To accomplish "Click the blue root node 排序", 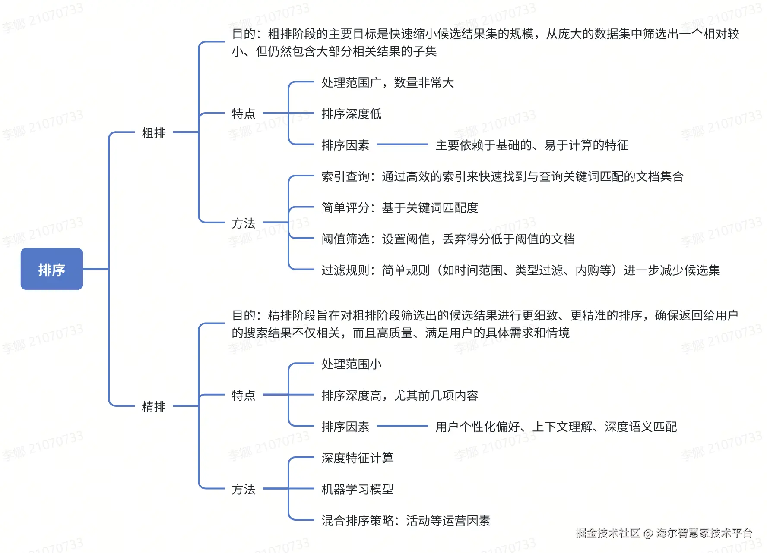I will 52,269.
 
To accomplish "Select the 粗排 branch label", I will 154,133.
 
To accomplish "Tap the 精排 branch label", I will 154,406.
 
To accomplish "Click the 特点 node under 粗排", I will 244,114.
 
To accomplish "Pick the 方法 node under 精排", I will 244,489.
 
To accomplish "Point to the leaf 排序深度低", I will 352,114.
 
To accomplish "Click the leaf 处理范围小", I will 352,364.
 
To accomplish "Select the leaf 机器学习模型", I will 358,489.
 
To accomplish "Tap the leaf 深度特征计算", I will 358,458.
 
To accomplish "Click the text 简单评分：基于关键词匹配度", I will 400,208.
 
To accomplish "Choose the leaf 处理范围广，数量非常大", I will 387,83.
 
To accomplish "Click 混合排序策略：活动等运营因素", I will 406,521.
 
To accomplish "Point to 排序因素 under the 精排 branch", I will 345,427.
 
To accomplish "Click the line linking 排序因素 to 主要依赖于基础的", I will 402,145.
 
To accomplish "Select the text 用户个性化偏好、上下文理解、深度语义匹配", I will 556,427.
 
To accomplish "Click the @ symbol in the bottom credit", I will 648,534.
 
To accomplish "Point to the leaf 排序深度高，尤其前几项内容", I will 400,396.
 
